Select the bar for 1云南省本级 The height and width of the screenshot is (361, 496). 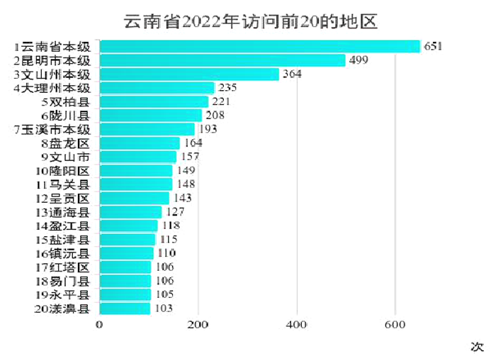pyautogui.click(x=259, y=47)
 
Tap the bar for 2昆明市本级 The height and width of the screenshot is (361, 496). pyautogui.click(x=222, y=60)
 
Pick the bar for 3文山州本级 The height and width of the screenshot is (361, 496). pyautogui.click(x=188, y=74)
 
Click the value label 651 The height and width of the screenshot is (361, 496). pyautogui.click(x=433, y=47)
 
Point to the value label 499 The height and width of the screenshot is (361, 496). pyautogui.click(x=359, y=60)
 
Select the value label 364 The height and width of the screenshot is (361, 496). pyautogui.click(x=292, y=74)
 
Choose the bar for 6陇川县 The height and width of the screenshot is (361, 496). pyautogui.click(x=150, y=116)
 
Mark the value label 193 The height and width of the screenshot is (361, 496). pyautogui.click(x=208, y=130)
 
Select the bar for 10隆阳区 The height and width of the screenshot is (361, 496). pyautogui.click(x=135, y=171)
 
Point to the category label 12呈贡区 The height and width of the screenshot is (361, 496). pyautogui.click(x=63, y=198)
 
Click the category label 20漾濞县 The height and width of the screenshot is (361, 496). pyautogui.click(x=63, y=309)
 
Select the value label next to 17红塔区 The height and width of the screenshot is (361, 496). pyautogui.click(x=164, y=267)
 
